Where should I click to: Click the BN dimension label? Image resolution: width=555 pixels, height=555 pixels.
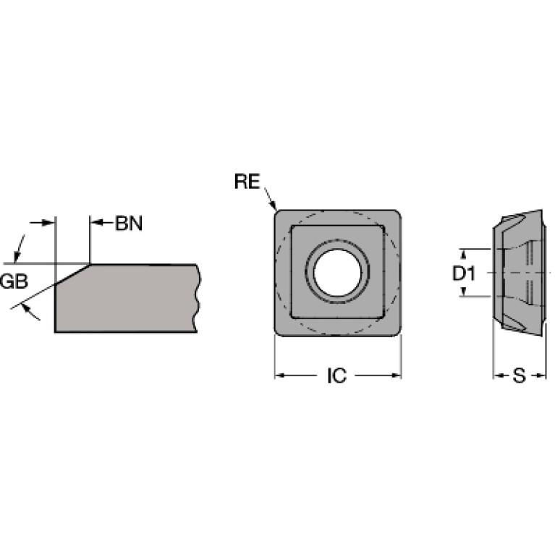129,224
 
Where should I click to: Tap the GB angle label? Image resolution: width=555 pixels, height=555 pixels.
14,281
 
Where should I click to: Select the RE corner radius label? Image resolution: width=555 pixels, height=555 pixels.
247,181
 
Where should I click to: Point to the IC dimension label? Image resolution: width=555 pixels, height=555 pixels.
337,376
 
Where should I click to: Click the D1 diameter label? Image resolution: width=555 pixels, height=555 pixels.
464,274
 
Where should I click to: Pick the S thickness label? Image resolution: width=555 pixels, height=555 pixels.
520,376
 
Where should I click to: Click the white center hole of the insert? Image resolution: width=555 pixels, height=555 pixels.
337,272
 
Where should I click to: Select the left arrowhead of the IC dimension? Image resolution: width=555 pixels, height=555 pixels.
280,376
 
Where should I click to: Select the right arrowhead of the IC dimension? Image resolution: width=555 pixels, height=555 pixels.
396,376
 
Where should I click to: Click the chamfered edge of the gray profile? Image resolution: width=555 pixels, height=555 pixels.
72,274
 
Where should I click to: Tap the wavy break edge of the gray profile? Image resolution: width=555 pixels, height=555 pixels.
197,298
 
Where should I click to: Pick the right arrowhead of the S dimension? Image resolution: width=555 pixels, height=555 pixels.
540,376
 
